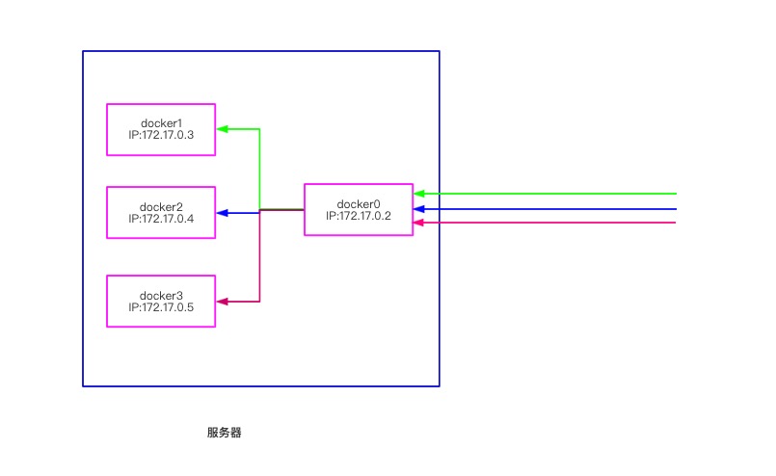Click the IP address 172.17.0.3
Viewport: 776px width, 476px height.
161,135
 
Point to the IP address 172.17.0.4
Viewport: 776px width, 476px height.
161,219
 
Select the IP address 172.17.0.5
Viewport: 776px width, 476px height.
161,307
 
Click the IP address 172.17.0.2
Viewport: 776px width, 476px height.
359,215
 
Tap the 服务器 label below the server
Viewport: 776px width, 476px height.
224,433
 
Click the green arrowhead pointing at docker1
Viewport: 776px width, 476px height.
222,128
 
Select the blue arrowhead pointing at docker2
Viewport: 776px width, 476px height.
222,212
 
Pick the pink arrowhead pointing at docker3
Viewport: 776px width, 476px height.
222,302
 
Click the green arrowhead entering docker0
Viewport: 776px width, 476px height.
418,194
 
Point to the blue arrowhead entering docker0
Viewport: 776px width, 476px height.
418,208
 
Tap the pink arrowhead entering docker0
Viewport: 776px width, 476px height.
418,223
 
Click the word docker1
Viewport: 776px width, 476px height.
161,122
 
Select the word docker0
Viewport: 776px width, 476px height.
359,203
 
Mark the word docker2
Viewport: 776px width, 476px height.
161,206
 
